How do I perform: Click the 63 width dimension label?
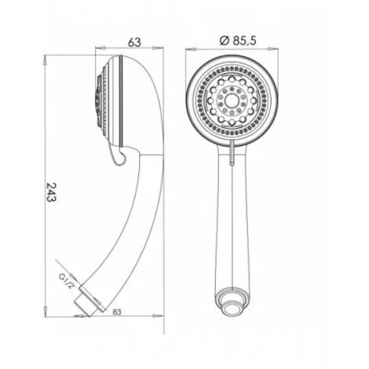coord(134,42)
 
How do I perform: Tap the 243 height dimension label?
coord(51,192)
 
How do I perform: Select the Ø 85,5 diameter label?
coord(238,41)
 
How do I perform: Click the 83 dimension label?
coord(117,312)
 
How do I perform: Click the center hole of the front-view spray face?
coord(232,100)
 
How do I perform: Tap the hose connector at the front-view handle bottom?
coord(232,304)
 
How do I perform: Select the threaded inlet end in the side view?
coord(88,301)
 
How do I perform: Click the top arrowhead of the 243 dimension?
coord(46,60)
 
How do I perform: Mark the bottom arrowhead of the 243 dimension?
coord(46,311)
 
